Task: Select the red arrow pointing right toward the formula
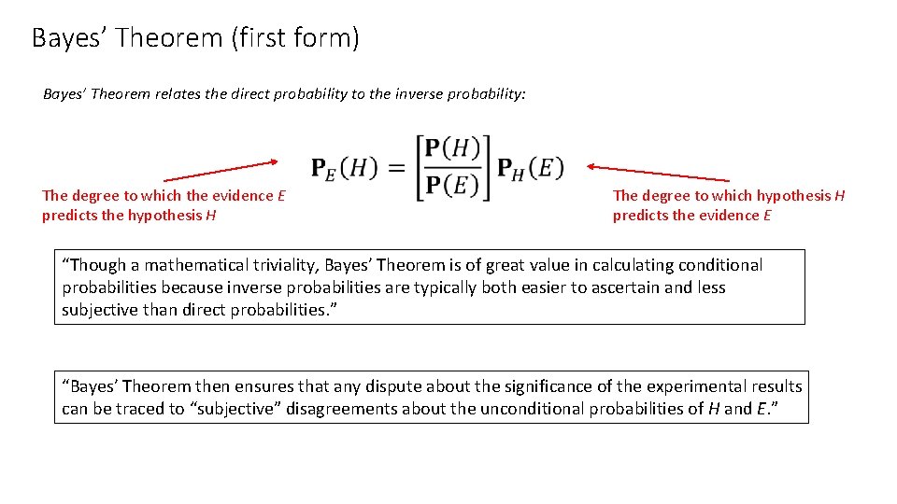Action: [x=221, y=170]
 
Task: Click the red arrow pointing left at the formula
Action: [x=658, y=173]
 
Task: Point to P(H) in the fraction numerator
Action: [x=451, y=148]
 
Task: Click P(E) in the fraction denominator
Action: [x=451, y=185]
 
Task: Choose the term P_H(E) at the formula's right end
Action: [x=530, y=168]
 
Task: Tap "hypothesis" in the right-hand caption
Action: [x=793, y=195]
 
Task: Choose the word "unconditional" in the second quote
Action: [x=544, y=409]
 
